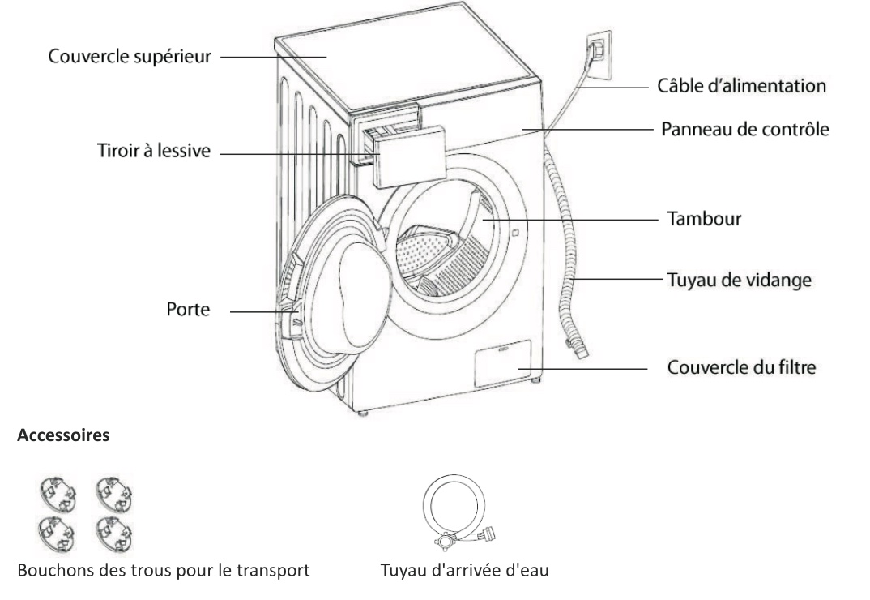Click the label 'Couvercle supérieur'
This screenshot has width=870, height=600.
(130, 58)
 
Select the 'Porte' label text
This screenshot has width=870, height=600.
(187, 311)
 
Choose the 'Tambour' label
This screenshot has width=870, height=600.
(704, 220)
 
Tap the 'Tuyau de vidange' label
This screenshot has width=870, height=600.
(738, 280)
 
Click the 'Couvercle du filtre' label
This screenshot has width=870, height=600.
(740, 367)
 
